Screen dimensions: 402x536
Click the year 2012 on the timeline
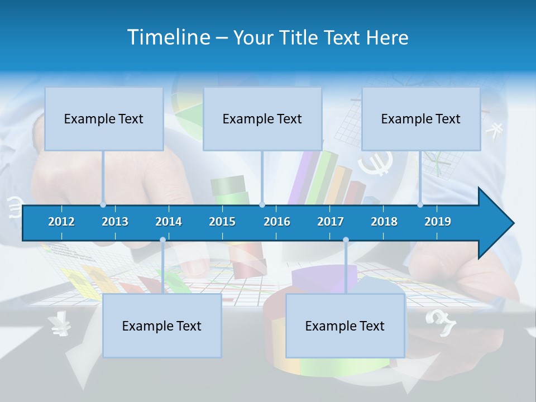61,222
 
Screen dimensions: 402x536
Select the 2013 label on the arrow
115,222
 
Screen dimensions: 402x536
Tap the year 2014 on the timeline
169,222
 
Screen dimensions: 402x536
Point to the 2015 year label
222,222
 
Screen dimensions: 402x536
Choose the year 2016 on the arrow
277,222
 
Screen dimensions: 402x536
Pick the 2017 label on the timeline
331,222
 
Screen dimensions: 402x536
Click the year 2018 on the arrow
384,222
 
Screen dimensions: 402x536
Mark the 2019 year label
438,222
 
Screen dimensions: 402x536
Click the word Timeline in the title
168,37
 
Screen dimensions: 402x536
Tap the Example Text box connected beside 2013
104,118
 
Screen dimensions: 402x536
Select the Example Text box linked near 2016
262,118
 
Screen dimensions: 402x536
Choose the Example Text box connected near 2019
421,118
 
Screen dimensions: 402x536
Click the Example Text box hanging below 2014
162,326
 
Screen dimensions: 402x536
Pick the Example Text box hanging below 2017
345,326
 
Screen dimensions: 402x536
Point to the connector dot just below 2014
162,240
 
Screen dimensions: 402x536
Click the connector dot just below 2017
346,240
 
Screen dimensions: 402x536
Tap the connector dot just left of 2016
262,205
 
